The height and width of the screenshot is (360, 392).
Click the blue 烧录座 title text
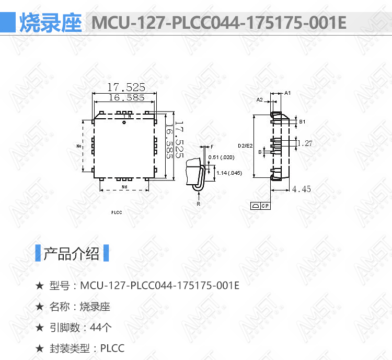tap(51, 23)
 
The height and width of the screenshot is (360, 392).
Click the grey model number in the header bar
tap(219, 23)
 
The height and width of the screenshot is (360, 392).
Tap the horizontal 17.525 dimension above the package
tap(126, 87)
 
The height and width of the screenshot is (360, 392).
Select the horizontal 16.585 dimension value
tap(126, 97)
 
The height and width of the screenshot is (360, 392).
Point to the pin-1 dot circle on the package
tap(124, 122)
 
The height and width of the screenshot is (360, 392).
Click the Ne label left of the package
tap(79, 146)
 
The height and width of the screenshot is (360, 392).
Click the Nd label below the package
tap(124, 187)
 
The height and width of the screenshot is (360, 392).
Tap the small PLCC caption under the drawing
tap(117, 212)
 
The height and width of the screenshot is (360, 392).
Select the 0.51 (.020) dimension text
tap(221, 157)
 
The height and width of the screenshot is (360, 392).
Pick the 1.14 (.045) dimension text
tap(229, 173)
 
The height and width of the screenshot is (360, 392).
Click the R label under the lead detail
tap(199, 204)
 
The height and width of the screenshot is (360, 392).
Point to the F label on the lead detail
tap(212, 147)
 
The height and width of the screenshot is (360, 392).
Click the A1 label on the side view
tap(287, 93)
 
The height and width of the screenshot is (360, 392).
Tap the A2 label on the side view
tap(259, 100)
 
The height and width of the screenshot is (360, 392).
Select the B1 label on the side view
tap(302, 122)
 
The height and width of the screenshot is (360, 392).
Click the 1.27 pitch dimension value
tap(305, 143)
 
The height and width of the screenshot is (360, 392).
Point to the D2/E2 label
tap(245, 145)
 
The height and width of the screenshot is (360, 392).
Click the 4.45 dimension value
tap(302, 189)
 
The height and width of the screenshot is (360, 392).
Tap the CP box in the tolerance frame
tap(265, 206)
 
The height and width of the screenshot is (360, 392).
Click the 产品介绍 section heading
tap(72, 254)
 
